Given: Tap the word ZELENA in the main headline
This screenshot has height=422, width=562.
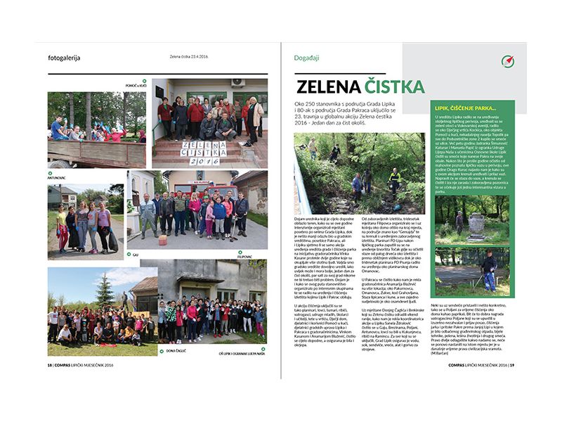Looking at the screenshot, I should point(328,87).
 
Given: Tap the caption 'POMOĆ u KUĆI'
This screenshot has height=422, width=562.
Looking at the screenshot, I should point(131,85).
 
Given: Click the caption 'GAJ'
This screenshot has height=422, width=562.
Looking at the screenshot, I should point(135,255).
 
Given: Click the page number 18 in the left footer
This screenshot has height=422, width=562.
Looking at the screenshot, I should point(49,385).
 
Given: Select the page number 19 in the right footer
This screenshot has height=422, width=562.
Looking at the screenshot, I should point(513,385).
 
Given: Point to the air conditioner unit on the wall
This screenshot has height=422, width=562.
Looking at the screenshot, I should point(239,83).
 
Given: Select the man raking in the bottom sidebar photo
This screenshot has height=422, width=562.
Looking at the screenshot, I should point(490,268).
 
